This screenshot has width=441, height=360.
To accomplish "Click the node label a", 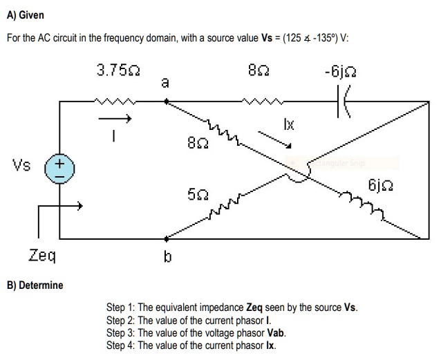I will pyautogui.click(x=165, y=83).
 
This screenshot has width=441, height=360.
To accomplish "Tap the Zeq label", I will pyautogui.click(x=42, y=256).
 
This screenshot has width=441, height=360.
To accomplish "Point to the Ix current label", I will pyautogui.click(x=289, y=124).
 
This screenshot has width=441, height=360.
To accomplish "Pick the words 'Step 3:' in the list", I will pyautogui.click(x=121, y=332).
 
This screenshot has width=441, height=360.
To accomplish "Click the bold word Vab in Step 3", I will pyautogui.click(x=276, y=332).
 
